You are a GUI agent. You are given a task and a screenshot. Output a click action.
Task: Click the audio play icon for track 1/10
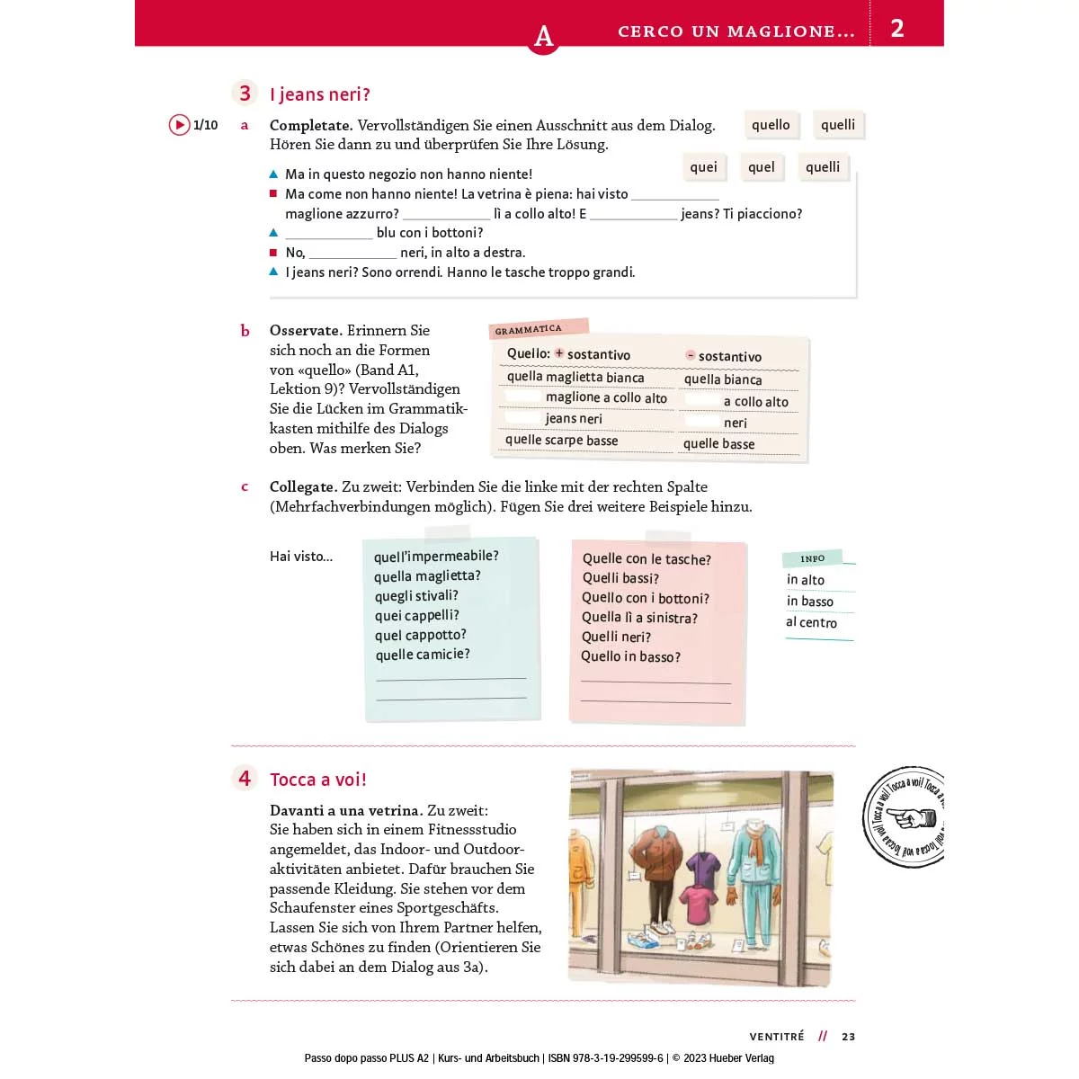180,125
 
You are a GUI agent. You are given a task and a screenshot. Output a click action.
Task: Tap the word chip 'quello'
771,125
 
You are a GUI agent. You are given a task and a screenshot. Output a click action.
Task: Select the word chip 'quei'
703,167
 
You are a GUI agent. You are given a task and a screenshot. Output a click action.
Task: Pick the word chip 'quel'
761,167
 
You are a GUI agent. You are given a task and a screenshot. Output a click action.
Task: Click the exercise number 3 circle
245,94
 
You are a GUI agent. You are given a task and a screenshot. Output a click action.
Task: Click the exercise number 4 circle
245,778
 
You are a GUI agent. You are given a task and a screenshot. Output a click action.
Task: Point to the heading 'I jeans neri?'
320,94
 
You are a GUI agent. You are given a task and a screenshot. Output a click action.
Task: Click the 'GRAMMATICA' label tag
530,330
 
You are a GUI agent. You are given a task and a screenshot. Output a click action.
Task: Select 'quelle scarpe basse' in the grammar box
561,440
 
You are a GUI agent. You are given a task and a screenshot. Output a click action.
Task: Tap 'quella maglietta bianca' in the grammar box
575,377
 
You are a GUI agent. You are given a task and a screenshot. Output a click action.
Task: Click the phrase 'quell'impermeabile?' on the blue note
436,556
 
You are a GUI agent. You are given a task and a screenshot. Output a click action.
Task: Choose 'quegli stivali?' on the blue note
416,595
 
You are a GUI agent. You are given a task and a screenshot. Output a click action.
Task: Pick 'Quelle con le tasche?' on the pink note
647,559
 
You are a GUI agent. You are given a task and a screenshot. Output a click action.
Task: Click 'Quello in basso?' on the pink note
630,656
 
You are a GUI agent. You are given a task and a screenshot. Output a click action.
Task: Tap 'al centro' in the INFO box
811,622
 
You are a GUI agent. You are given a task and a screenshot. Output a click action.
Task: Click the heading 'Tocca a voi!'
318,780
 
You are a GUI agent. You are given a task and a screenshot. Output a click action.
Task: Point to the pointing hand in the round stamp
916,818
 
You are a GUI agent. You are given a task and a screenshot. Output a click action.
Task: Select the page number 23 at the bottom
849,1037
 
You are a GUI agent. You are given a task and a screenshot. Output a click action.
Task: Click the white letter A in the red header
543,36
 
